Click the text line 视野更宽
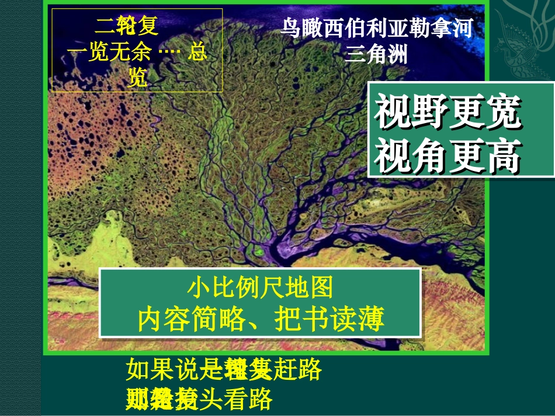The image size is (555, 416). click(x=448, y=113)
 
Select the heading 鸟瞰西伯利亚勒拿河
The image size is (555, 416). click(x=376, y=29)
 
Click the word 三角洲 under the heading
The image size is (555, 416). click(x=376, y=54)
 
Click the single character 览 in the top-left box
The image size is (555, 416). click(x=137, y=78)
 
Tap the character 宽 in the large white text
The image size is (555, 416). click(x=503, y=113)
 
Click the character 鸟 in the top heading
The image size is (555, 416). click(x=292, y=29)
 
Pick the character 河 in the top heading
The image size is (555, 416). click(x=460, y=29)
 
